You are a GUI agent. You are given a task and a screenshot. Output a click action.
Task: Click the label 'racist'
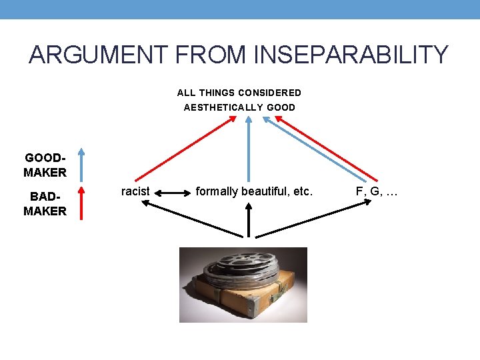pyautogui.click(x=135, y=191)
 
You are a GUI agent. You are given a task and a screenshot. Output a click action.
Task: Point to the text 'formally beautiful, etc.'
pyautogui.click(x=253, y=191)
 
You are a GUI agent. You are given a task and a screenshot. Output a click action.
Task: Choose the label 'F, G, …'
pyautogui.click(x=377, y=191)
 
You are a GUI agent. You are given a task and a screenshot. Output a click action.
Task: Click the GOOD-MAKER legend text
pyautogui.click(x=45, y=165)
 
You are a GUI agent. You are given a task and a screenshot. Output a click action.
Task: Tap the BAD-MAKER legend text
pyautogui.click(x=45, y=205)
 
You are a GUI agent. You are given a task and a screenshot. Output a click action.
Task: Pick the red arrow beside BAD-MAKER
pyautogui.click(x=80, y=203)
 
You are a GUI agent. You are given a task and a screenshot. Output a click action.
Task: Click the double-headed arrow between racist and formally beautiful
pyautogui.click(x=173, y=193)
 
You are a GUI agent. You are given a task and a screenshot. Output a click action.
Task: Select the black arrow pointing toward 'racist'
pyautogui.click(x=193, y=219)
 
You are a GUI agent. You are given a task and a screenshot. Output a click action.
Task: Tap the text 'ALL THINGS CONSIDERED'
pyautogui.click(x=239, y=93)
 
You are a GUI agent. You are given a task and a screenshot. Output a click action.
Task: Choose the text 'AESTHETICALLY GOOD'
pyautogui.click(x=239, y=107)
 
